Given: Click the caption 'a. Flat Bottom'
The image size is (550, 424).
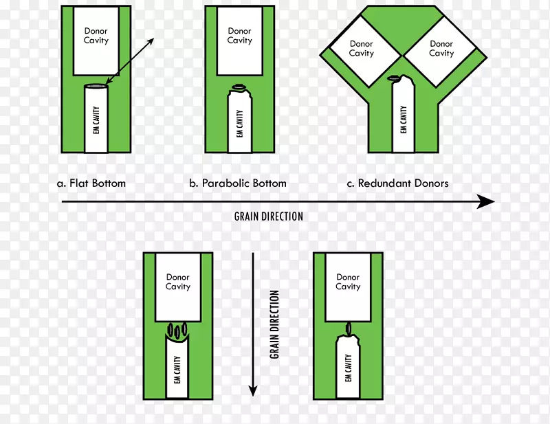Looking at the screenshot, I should point(91,183).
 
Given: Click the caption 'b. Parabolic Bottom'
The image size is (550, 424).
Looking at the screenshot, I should point(238,183).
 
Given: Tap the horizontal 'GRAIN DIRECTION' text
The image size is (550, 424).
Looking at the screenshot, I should point(268,216).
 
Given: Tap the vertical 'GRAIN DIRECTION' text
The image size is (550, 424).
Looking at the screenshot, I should point(274,324).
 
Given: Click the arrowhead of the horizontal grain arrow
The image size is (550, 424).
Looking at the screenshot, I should point(486,201).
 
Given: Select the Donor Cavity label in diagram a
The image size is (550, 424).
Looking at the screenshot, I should point(96,36).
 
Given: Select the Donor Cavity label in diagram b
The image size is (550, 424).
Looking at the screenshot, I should point(240,36).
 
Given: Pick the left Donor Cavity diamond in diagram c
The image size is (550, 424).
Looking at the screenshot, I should point(361,49).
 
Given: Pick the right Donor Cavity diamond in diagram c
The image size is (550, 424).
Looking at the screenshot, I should point(441,49).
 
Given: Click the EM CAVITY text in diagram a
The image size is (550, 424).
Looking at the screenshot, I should point(97,120).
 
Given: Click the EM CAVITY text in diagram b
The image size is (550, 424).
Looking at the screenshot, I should point(240,124).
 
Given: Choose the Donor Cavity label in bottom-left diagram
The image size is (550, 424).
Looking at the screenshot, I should point(178,282).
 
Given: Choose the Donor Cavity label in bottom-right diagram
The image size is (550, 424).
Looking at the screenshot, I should point(348,282).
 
